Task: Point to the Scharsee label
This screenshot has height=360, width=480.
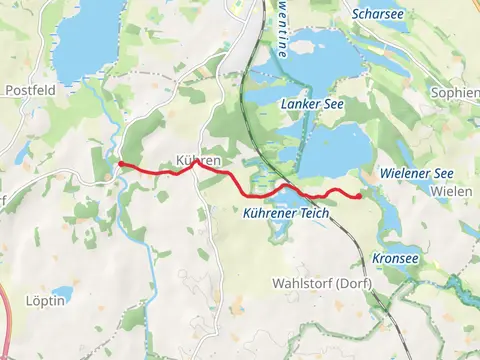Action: (378, 14)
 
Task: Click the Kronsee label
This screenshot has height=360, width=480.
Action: (395, 258)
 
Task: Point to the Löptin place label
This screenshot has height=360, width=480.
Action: (46, 299)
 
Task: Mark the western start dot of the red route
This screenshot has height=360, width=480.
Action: (120, 163)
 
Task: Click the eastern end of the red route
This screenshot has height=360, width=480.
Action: (358, 196)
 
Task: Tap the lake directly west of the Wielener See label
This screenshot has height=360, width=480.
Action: (335, 150)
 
